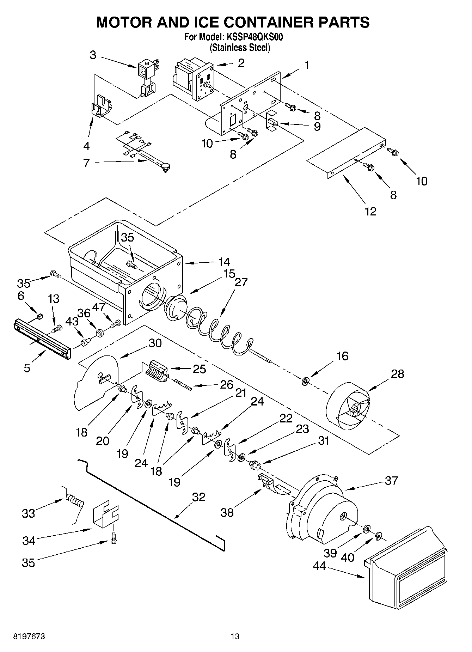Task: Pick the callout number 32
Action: click(x=198, y=497)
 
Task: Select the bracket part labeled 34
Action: click(x=105, y=516)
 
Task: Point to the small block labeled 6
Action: click(x=40, y=316)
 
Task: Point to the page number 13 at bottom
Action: click(x=235, y=637)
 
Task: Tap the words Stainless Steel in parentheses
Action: click(x=240, y=48)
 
